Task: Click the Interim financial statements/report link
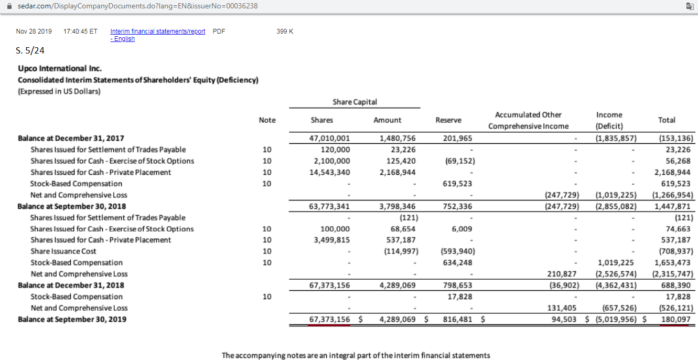pos(157,31)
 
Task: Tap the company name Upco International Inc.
pos(60,68)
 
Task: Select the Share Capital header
pos(355,102)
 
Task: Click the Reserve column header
pos(448,120)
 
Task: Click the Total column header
pos(666,120)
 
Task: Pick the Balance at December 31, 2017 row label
pos(71,138)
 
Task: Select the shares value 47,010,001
pos(330,139)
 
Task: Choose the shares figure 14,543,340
pos(330,172)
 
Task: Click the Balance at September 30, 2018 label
pos(72,206)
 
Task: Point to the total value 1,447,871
pos(674,206)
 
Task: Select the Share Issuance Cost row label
pos(63,251)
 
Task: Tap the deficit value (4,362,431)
pos(617,285)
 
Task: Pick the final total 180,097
pos(675,319)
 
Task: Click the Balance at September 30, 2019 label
pos(72,319)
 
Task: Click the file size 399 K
pos(285,31)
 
